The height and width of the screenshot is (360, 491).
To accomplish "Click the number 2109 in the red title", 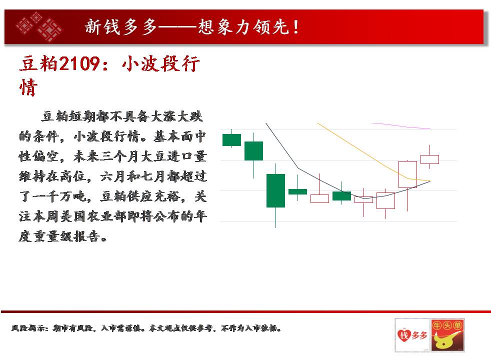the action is point(79,63).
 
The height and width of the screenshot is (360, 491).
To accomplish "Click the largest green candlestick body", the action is point(275,190).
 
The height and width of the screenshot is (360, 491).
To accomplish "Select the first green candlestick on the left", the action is point(231,139).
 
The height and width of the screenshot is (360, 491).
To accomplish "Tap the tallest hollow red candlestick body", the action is point(407,174).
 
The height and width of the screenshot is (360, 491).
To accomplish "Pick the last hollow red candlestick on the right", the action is point(429,159).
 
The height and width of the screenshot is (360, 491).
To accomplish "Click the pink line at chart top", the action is point(401,126).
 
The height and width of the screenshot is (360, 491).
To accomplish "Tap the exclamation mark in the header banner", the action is point(295,27).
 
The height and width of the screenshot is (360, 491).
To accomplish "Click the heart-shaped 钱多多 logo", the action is point(412,335).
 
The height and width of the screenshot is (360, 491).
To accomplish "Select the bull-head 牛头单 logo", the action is point(447,335).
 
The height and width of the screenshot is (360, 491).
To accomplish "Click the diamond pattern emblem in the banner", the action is point(39,27).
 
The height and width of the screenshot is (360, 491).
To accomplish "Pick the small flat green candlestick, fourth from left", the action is point(297,191).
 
